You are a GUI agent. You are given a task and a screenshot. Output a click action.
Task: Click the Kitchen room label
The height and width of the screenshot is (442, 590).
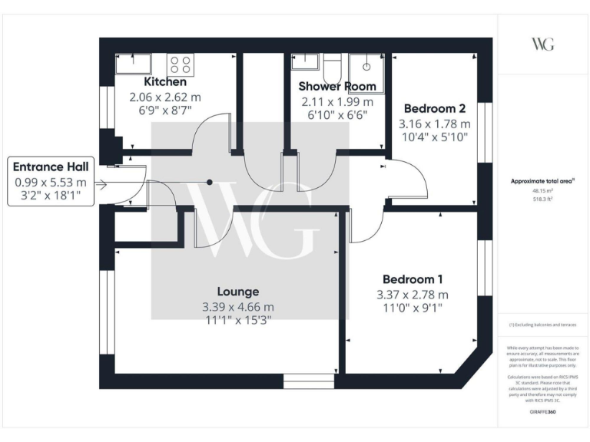[x=164, y=81]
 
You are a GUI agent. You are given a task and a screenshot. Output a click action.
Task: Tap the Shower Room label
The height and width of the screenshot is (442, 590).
[x=336, y=86]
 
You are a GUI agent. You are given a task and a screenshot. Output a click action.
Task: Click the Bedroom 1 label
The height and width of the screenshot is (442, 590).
[x=413, y=279]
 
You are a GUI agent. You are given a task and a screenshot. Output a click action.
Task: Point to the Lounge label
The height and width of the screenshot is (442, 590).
[x=237, y=292]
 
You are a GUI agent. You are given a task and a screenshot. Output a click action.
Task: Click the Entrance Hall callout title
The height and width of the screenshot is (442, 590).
[x=50, y=167]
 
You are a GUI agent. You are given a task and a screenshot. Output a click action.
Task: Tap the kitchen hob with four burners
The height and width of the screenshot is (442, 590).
[x=181, y=64]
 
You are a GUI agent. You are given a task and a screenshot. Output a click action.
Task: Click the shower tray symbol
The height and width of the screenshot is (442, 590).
[x=366, y=66]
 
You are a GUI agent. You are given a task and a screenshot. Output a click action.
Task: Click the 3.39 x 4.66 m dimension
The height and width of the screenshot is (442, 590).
[x=237, y=306]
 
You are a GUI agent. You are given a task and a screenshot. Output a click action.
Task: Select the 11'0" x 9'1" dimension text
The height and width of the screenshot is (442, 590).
[x=413, y=308]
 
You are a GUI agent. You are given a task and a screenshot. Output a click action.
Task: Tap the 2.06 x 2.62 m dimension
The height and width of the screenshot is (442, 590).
[x=164, y=97]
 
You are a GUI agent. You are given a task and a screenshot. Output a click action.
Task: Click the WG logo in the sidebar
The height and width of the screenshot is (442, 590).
[x=542, y=44]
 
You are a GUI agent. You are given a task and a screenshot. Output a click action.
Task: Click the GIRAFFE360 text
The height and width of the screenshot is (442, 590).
[x=542, y=412]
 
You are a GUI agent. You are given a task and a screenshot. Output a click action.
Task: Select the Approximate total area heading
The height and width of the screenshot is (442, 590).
[x=542, y=181]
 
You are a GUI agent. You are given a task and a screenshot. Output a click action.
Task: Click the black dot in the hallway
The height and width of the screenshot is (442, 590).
[x=209, y=182]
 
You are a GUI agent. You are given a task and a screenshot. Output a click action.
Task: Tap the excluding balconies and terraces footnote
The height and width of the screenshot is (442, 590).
[x=542, y=325]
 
